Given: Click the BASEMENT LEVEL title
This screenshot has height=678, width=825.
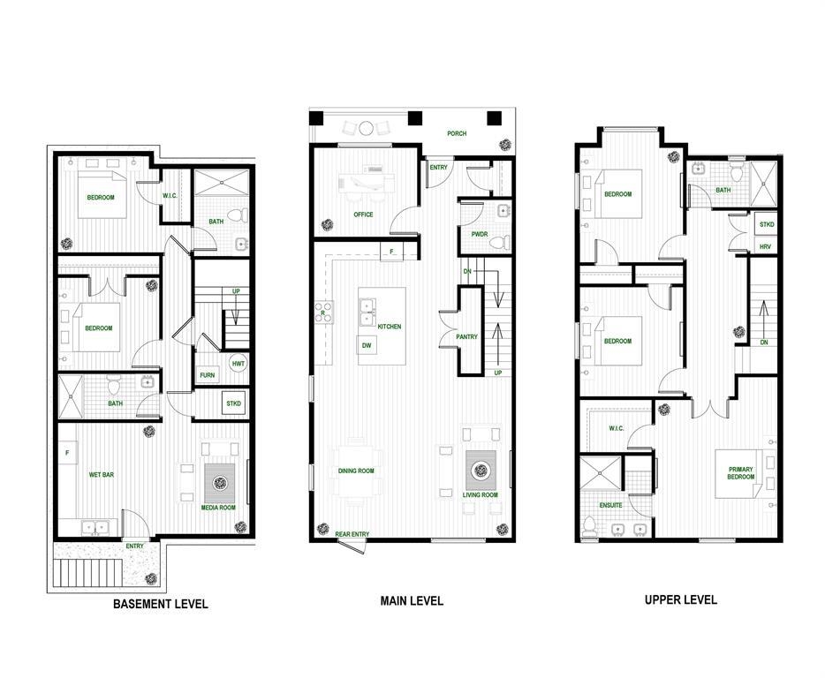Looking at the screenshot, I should (160, 605).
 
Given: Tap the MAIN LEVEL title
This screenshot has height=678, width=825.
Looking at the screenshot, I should (412, 601).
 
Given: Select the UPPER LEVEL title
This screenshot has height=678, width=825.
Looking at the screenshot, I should (680, 600).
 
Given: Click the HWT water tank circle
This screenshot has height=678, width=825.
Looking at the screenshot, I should (238, 363).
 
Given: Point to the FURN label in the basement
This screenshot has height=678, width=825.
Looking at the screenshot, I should (207, 374).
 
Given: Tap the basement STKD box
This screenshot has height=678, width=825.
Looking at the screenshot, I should (234, 403).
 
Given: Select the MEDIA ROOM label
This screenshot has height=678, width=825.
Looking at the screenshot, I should (218, 508).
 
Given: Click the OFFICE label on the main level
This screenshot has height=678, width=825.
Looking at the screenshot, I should (363, 215).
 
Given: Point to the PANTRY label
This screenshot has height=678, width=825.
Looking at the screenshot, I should (466, 337).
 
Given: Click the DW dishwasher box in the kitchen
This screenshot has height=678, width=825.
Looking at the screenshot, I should (366, 346).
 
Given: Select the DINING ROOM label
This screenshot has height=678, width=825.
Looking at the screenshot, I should (356, 471).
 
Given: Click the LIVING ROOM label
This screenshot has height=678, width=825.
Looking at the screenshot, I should (481, 495).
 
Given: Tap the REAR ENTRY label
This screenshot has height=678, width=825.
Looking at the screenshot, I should (352, 534).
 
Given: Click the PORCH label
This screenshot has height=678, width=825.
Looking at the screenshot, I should (457, 134).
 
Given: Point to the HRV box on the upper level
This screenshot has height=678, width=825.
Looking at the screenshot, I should (765, 247).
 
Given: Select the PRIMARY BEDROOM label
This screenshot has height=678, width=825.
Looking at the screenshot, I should (741, 473).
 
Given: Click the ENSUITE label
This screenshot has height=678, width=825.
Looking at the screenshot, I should (610, 505).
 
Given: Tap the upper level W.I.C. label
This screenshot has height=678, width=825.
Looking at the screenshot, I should (616, 429).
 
